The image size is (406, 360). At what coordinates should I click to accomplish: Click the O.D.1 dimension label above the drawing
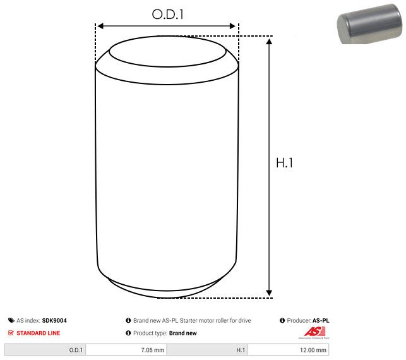tap(168, 13)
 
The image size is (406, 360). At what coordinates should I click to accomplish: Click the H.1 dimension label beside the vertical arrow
tap(285, 162)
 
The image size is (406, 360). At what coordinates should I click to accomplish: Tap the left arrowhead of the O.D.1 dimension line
tap(99, 27)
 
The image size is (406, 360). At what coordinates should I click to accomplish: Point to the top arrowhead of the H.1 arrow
tap(270, 42)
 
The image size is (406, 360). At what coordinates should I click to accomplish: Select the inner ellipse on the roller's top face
tap(168, 54)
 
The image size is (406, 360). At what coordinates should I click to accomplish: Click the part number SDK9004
tap(54, 321)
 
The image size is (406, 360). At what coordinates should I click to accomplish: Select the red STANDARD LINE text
tap(39, 333)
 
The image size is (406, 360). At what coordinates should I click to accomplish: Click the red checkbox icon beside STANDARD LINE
tap(11, 333)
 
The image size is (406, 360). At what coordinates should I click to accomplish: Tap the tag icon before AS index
tap(11, 321)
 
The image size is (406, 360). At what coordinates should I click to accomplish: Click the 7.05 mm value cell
tap(126, 350)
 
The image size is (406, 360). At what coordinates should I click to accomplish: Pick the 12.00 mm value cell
tap(289, 350)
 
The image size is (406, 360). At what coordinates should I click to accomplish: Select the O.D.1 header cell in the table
tap(45, 350)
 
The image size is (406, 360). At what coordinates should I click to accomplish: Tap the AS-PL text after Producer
tap(321, 321)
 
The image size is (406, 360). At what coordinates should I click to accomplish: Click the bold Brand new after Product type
tap(183, 333)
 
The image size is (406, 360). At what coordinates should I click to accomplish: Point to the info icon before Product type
tap(128, 333)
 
